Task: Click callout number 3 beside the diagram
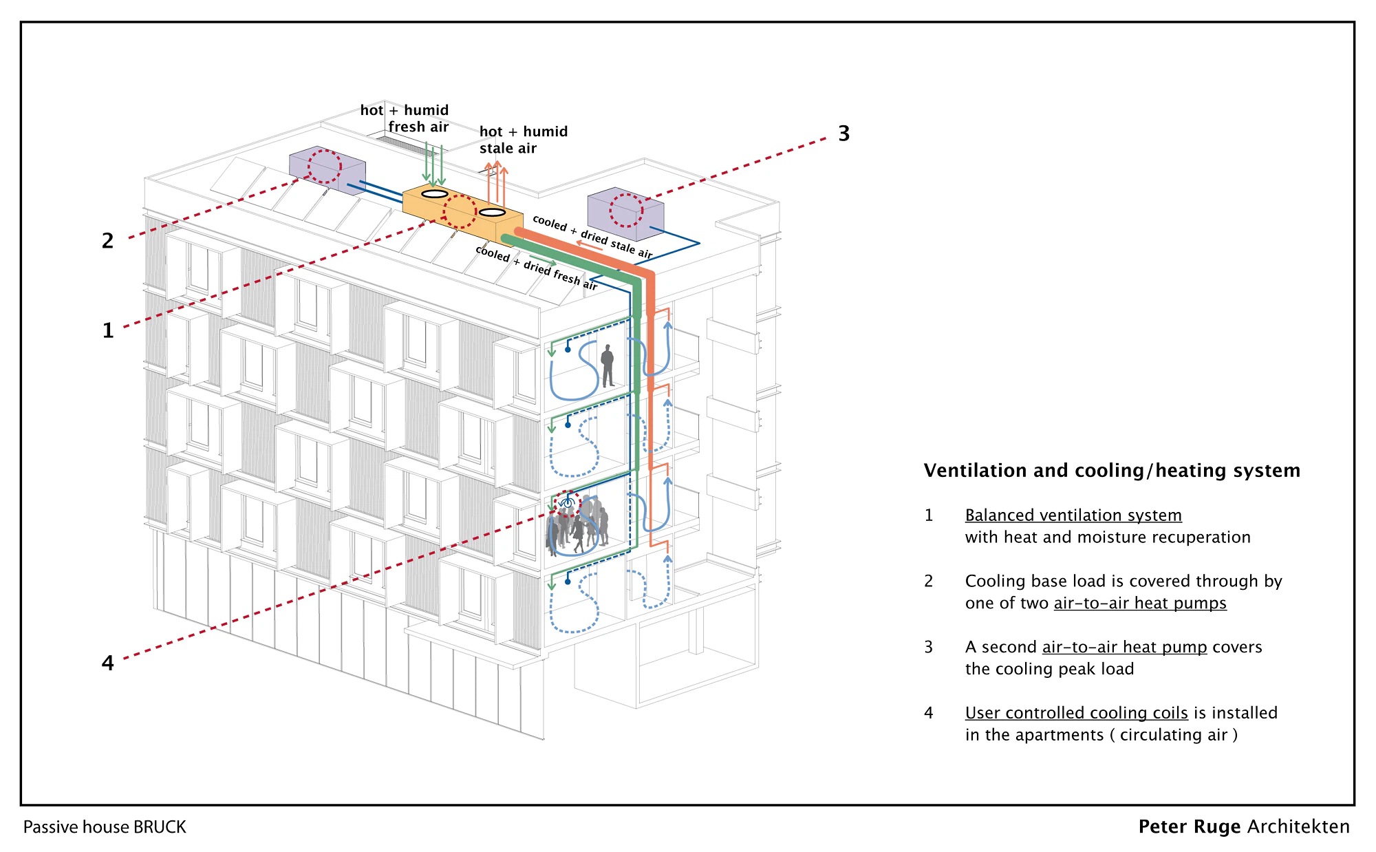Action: pos(844,134)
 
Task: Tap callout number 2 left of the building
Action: pos(107,241)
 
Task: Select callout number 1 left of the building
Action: pos(108,330)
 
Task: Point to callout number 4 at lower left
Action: pos(107,663)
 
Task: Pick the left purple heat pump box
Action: pos(327,170)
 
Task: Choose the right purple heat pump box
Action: pos(625,213)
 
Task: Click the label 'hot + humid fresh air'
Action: pos(405,118)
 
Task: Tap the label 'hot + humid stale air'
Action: pos(524,140)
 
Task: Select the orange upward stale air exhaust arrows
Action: pos(495,182)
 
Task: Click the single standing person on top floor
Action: pos(608,366)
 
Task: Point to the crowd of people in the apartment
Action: pos(577,526)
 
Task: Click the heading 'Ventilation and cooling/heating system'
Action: pos(1112,471)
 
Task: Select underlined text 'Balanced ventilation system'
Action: pos(1073,515)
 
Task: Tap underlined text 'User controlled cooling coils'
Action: pos(1076,713)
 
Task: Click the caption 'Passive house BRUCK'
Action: pos(105,827)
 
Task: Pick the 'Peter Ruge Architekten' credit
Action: pos(1244,827)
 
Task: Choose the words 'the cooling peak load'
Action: pos(1049,669)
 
